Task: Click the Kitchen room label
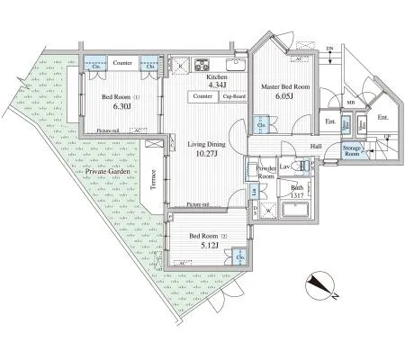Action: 216,78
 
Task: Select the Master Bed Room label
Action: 285,87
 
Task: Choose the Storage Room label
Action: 351,151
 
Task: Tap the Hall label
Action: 316,146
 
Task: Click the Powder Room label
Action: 265,172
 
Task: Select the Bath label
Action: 297,187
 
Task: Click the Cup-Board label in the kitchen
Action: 234,96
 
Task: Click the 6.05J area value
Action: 283,99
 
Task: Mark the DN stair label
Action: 329,49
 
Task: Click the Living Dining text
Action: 205,143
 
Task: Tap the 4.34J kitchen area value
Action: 218,87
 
